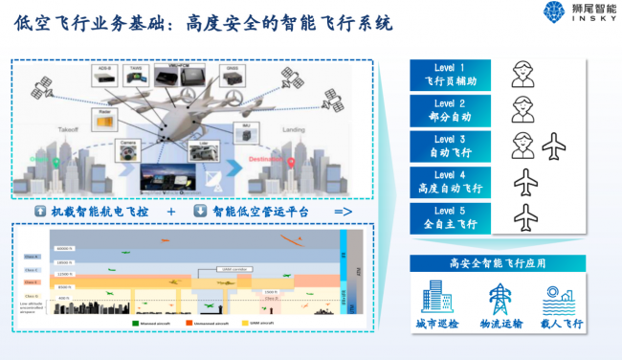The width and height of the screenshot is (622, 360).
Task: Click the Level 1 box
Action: coord(450,75)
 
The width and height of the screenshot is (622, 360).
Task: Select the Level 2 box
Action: coord(450,110)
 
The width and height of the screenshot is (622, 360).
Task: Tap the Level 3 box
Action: coord(450,146)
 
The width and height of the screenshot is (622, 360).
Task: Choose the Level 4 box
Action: coord(450,182)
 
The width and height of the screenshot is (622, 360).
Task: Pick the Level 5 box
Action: coord(450,217)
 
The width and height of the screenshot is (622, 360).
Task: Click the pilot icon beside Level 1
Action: coord(522,75)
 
